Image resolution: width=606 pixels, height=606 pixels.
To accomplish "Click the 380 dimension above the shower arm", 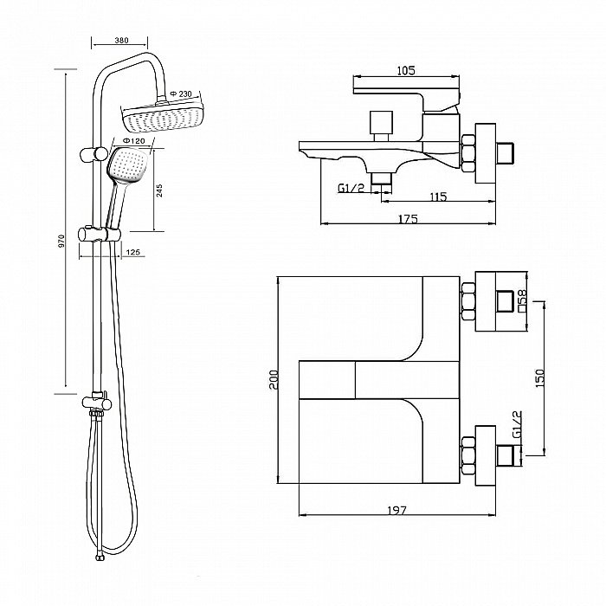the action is click(121, 40).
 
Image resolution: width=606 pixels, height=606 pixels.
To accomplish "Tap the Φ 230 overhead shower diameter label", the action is click(180, 93).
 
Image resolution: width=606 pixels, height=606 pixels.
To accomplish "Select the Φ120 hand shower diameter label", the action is click(133, 141).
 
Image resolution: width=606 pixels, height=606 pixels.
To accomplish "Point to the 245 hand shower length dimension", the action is click(159, 191).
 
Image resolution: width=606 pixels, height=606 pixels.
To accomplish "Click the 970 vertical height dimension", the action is click(61, 242).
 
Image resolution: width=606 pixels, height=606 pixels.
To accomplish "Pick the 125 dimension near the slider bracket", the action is click(133, 253).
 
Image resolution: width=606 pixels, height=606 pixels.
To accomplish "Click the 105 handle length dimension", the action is click(406, 70).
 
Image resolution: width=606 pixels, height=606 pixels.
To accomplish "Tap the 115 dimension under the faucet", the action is click(438, 197).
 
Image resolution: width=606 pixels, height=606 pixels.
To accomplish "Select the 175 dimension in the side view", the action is click(408, 219).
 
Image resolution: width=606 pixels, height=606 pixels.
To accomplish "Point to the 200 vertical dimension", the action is click(274, 380).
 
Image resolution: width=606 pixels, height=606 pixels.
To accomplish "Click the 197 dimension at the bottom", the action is click(397, 511).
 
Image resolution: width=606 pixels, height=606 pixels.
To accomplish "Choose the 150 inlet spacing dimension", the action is click(540, 378).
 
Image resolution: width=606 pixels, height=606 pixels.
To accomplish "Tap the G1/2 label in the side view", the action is click(351, 188).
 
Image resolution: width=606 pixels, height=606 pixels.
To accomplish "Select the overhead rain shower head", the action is click(163, 116).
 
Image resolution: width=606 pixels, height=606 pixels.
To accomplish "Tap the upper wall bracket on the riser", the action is click(93, 154).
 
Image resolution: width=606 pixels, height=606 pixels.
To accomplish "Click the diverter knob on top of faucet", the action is click(381, 122).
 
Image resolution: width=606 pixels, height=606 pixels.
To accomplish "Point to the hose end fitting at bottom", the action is click(100, 558).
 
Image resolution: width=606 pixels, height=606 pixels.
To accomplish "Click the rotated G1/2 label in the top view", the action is click(517, 424).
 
